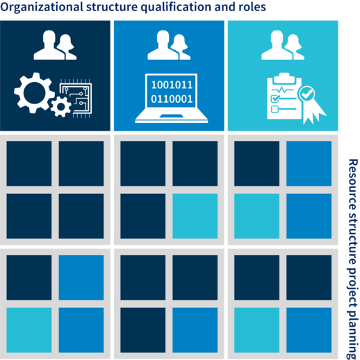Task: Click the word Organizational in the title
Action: pos(42,8)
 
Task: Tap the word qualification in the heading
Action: pos(176,8)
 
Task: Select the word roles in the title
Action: pos(252,7)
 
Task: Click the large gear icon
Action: pos(34,92)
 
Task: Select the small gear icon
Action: pos(61,107)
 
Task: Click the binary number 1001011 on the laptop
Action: pos(172,85)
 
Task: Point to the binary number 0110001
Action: pos(172,99)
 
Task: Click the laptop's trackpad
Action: pos(172,116)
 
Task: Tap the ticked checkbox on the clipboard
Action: pos(275,99)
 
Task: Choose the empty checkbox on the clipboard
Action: pos(275,109)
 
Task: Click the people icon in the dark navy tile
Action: pos(55,45)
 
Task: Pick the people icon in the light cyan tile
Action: pos(283,45)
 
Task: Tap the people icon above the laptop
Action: pos(169,45)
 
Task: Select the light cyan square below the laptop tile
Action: pos(195,216)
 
